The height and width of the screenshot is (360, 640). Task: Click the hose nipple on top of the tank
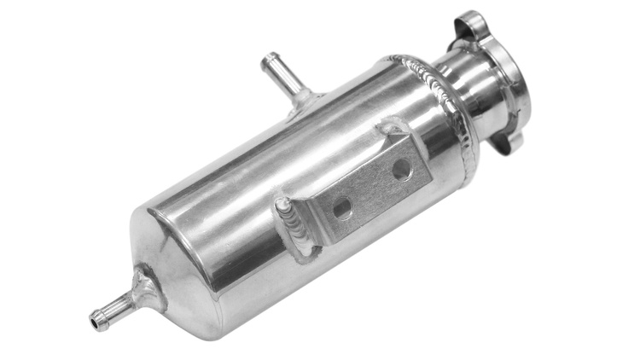coord(282,79)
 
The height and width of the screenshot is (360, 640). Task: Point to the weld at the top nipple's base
coord(302,102)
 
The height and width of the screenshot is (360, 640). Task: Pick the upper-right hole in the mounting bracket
coord(400,169)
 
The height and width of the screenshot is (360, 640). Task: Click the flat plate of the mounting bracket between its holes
coord(370,188)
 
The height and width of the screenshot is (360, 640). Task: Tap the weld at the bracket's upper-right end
coord(394,133)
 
